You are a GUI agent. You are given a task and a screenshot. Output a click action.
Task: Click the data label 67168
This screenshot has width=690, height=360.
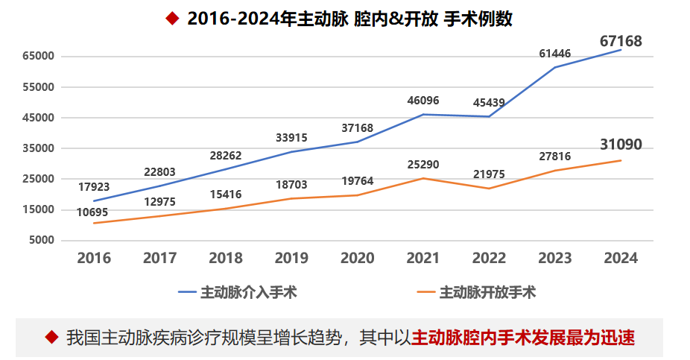click(x=621, y=41)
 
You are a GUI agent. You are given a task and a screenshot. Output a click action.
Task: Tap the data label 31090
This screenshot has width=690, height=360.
click(x=621, y=145)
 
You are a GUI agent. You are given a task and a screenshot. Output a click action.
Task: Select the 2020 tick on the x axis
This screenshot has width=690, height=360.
click(x=357, y=258)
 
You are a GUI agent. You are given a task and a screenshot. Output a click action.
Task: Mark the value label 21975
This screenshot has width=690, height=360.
click(x=488, y=174)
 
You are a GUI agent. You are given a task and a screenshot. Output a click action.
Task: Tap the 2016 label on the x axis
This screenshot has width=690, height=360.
click(x=94, y=258)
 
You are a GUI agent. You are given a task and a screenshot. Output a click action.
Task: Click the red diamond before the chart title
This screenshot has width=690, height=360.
click(x=172, y=19)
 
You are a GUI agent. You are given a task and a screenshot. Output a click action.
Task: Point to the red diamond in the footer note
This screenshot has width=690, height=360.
click(x=51, y=337)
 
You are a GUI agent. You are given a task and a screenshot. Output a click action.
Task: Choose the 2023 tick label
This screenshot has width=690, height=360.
click(x=554, y=258)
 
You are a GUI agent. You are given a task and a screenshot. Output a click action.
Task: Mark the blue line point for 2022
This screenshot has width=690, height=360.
click(x=489, y=116)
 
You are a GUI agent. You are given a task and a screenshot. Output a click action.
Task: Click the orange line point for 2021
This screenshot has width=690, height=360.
click(x=423, y=178)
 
